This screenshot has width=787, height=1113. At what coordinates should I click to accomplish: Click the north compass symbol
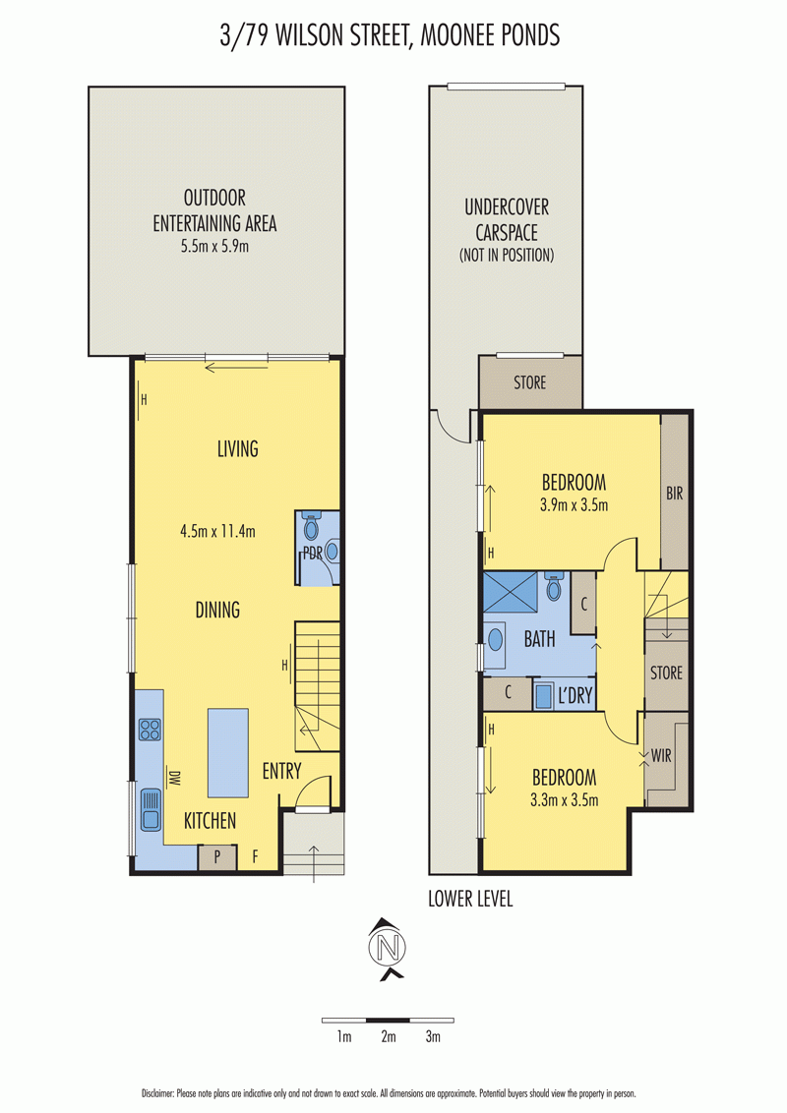[x=388, y=949]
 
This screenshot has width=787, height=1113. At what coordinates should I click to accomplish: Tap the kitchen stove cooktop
[x=150, y=730]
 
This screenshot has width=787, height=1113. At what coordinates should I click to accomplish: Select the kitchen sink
[x=150, y=810]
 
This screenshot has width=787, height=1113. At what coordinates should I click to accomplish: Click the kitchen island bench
[x=228, y=752]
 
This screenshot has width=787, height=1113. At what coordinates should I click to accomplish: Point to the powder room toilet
[x=311, y=526]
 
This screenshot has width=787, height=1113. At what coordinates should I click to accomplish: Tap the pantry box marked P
[x=216, y=857]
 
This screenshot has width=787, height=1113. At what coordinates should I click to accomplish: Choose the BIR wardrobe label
[x=674, y=493]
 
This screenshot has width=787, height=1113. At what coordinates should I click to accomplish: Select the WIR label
[x=660, y=756]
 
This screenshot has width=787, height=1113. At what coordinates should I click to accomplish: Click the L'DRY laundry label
[x=575, y=696]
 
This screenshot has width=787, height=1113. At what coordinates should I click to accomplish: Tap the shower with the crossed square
[x=510, y=591]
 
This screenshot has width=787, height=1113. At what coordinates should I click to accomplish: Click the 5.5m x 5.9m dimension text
[x=214, y=247]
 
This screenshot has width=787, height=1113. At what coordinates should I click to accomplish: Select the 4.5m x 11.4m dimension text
[x=217, y=531]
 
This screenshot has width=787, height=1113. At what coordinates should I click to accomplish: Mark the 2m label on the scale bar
[x=388, y=1036]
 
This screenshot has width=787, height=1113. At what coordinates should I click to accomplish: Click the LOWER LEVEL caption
[x=470, y=899]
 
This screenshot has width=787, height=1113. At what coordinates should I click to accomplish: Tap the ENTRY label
[x=282, y=771]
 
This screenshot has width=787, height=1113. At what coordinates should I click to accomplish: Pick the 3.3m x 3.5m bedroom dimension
[x=564, y=800]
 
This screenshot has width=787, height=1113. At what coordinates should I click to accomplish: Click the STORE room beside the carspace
[x=530, y=382]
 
